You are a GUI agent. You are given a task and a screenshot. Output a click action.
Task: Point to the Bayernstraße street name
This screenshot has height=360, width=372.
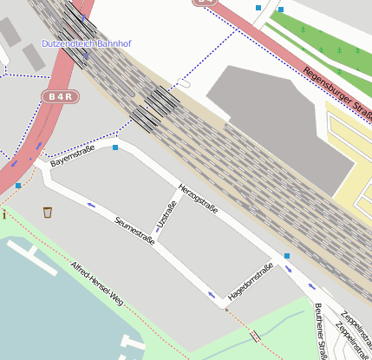[72, 157]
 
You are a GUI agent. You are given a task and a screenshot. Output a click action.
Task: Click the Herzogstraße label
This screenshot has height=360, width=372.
[198, 200]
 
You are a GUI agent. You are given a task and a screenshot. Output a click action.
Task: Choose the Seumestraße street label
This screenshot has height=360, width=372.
[134, 230]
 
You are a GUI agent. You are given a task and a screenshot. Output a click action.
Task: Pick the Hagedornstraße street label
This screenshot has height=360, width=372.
[251, 283]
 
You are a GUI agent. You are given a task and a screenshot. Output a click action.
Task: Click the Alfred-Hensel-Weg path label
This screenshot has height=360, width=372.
[97, 283]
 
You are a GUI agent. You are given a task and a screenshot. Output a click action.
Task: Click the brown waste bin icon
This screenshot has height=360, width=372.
[48, 213]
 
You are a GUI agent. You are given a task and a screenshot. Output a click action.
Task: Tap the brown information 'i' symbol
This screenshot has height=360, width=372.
[4, 214]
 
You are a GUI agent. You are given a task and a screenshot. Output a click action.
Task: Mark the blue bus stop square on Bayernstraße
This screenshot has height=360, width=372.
[115, 147]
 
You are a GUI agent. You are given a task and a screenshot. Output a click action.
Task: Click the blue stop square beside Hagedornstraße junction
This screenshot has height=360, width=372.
[287, 256]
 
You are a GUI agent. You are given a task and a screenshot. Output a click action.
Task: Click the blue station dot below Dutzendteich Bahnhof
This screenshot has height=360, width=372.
[85, 57]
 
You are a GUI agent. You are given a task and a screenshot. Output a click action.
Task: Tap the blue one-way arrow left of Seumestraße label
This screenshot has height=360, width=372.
[91, 206]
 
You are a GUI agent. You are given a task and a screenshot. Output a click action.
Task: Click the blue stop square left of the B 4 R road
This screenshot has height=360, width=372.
[18, 185]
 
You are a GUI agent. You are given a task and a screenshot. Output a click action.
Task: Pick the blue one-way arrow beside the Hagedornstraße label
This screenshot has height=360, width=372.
[212, 295]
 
